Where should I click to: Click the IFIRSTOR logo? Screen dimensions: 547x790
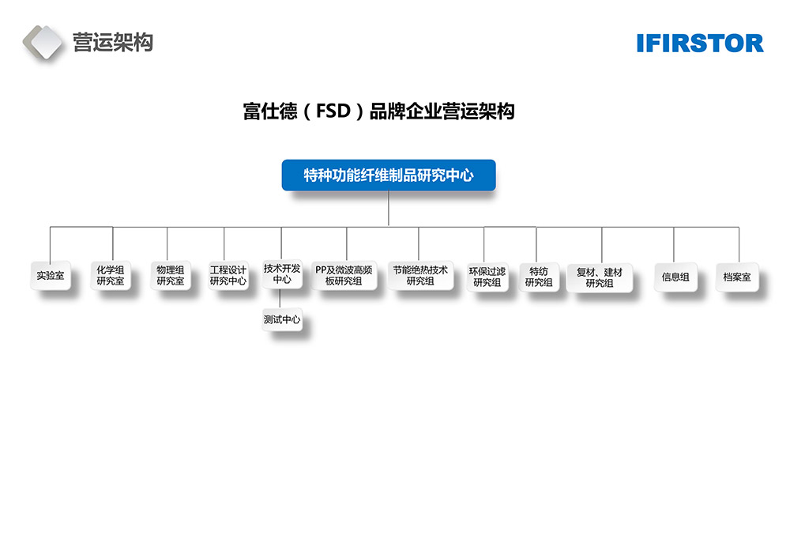(x=700, y=43)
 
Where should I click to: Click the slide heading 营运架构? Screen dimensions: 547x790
(x=112, y=42)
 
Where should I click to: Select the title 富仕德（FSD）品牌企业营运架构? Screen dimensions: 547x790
(x=378, y=111)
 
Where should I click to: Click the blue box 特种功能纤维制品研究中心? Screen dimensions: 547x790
(x=388, y=175)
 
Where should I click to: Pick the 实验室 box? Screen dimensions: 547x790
(x=51, y=277)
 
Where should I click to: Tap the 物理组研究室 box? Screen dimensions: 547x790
(x=170, y=275)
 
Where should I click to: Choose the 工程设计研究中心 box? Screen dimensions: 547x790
(x=228, y=275)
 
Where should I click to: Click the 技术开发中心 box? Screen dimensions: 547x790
(x=282, y=274)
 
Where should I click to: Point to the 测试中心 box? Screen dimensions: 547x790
(x=282, y=320)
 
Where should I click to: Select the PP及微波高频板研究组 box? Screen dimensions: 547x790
(x=344, y=275)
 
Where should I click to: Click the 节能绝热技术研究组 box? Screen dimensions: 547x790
(x=420, y=275)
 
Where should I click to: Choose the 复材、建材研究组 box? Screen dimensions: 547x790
(x=600, y=277)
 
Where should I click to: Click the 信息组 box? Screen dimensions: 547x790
(x=675, y=277)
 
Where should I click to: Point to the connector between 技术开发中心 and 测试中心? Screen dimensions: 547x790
(x=282, y=299)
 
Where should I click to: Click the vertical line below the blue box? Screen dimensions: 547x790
(x=389, y=209)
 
